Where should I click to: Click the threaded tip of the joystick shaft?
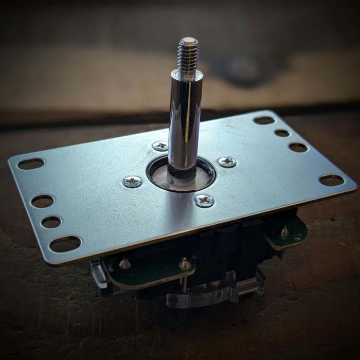pyautogui.click(x=189, y=53)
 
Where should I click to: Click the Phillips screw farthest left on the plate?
pyautogui.click(x=132, y=181)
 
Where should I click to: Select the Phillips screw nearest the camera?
pyautogui.click(x=204, y=200)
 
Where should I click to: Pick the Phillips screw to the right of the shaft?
pyautogui.click(x=227, y=162)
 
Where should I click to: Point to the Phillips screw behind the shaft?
pyautogui.click(x=160, y=146)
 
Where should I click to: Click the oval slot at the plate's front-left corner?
pyautogui.click(x=65, y=244)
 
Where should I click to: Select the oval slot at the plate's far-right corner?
pyautogui.click(x=331, y=180)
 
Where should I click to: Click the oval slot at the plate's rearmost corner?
pyautogui.click(x=264, y=120)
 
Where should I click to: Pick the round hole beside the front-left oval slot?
pyautogui.click(x=51, y=222)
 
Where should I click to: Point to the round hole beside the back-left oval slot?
pyautogui.click(x=43, y=201)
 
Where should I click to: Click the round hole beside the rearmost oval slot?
pyautogui.click(x=282, y=133)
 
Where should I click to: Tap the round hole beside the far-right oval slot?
pyautogui.click(x=298, y=148)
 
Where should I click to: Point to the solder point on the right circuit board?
pyautogui.click(x=284, y=232)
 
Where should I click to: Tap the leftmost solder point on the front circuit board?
pyautogui.click(x=124, y=264)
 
